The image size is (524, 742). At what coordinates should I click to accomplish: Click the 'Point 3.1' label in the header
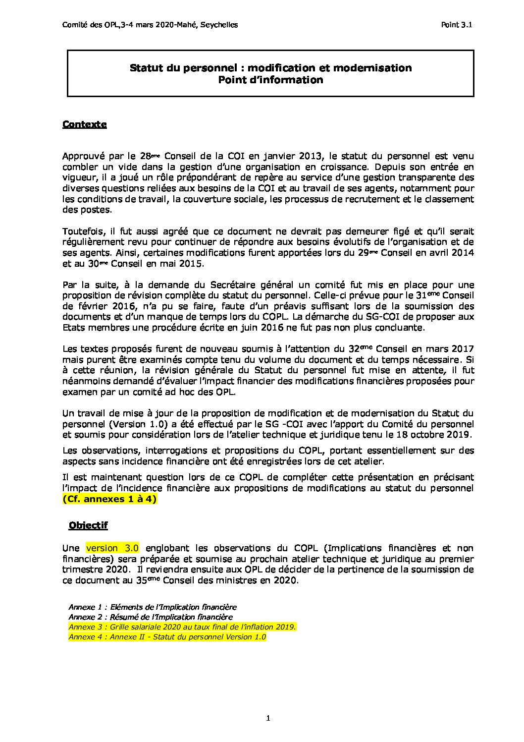(x=456, y=25)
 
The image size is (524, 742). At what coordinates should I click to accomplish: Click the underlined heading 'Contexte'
(x=84, y=124)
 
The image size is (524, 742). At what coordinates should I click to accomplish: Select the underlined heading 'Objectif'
(x=88, y=525)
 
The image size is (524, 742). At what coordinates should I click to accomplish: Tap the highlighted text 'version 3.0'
(x=112, y=548)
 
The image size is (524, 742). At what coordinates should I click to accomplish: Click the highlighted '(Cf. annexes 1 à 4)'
(x=109, y=499)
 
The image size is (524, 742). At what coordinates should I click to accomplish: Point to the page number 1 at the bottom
(x=268, y=718)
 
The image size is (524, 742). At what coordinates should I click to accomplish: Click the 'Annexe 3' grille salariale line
(x=182, y=627)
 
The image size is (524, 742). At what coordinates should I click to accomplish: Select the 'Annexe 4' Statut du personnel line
(x=167, y=637)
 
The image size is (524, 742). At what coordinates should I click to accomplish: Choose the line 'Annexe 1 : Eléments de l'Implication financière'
(x=152, y=607)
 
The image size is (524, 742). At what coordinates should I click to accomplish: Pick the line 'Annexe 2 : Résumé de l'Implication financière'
(x=150, y=617)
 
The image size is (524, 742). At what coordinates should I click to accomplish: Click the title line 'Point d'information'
(x=270, y=80)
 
